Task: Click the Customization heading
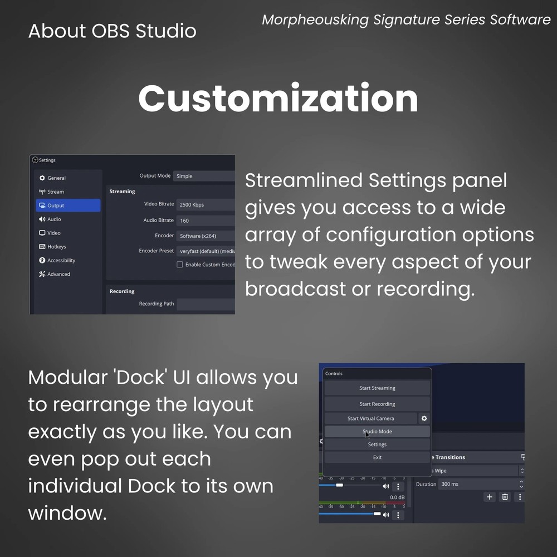click(x=278, y=98)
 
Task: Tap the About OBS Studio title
click(x=112, y=31)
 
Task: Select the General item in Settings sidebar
click(x=56, y=178)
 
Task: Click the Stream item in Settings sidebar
click(x=55, y=192)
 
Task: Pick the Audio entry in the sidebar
click(x=54, y=219)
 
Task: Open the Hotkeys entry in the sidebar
click(x=56, y=247)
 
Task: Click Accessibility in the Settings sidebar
click(x=61, y=261)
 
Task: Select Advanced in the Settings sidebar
click(x=58, y=274)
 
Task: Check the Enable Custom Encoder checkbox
click(x=180, y=265)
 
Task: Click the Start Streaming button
click(x=377, y=388)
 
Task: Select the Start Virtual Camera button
click(x=370, y=418)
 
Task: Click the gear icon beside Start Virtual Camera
click(x=424, y=418)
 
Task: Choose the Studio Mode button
click(x=377, y=432)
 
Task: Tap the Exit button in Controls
click(x=377, y=457)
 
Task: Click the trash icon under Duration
click(x=505, y=497)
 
